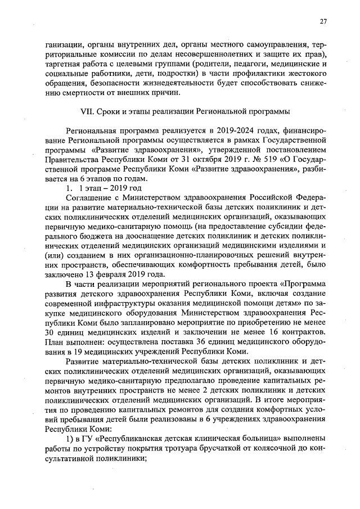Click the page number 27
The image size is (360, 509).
[323, 22]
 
